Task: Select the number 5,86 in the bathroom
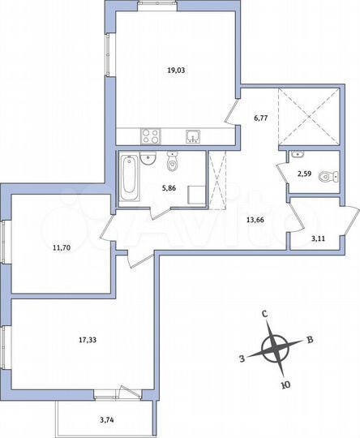(x=169, y=187)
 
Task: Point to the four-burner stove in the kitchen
(x=150, y=136)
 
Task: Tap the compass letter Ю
(x=284, y=386)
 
